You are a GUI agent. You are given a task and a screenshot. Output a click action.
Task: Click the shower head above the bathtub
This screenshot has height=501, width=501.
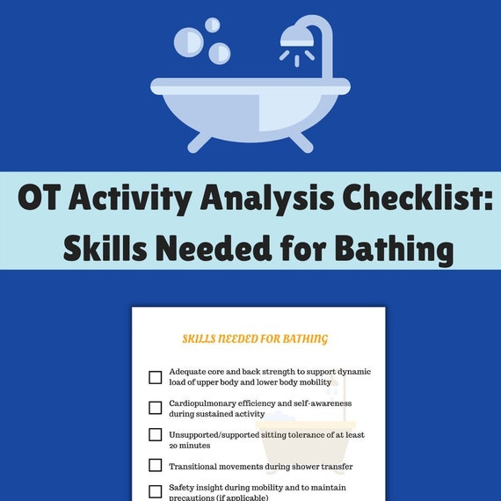(296, 37)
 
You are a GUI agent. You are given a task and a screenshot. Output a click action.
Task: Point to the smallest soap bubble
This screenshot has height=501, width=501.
(212, 25)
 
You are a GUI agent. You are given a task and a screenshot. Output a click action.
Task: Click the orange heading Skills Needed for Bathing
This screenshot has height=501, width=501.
(255, 338)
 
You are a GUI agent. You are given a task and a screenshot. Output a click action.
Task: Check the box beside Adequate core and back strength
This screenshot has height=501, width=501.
(156, 377)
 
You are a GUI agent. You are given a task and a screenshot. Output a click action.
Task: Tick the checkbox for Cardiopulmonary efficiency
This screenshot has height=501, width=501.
(156, 408)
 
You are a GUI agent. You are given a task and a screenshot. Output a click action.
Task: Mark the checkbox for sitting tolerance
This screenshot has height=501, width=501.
(156, 434)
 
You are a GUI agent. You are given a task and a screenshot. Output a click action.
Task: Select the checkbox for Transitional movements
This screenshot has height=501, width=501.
(156, 465)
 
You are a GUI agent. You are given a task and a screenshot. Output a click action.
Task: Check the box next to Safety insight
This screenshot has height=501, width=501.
(156, 491)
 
